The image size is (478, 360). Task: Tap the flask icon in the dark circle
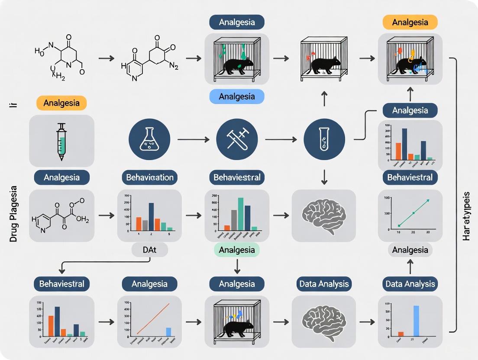(x=149, y=140)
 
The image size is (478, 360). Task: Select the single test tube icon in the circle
(x=324, y=140)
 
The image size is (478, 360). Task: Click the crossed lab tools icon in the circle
(x=237, y=140)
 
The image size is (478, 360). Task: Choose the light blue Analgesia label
(x=236, y=96)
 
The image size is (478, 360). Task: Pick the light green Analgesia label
(x=236, y=250)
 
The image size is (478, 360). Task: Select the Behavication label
(x=150, y=177)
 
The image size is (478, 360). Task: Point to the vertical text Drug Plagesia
(x=13, y=214)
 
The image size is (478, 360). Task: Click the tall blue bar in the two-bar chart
(x=416, y=321)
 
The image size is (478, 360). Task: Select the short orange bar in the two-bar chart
(x=401, y=334)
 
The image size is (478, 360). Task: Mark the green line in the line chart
(x=413, y=212)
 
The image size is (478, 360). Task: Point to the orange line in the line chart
(x=152, y=318)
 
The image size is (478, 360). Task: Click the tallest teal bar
(x=240, y=213)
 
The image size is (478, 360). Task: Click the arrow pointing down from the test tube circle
(x=324, y=176)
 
